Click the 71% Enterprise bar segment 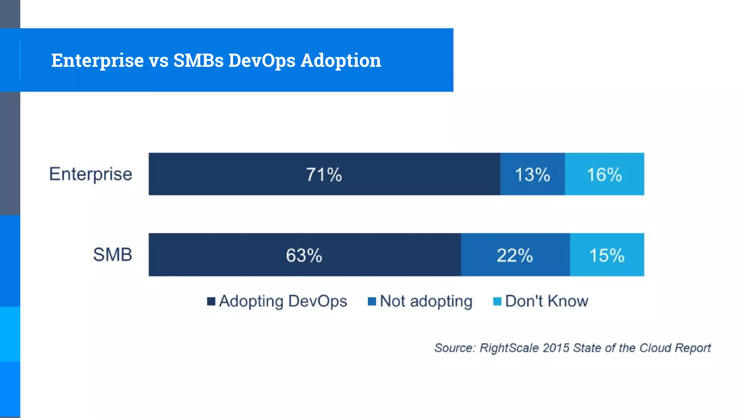coord(324,174)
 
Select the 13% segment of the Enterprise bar coord(532,174)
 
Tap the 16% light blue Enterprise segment coord(604,174)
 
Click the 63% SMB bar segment coord(304,255)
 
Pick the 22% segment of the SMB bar coord(515,255)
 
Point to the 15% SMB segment coord(607,255)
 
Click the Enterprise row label coord(91,174)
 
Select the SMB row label coord(113,255)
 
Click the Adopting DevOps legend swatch coord(211,302)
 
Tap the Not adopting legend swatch coord(372,302)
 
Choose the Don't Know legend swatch coord(497,302)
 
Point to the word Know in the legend coord(567,302)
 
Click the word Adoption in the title coord(341,60)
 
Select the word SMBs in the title coord(198,60)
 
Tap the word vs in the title coord(158,60)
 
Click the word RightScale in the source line coord(509,348)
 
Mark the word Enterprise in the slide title coord(97,60)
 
